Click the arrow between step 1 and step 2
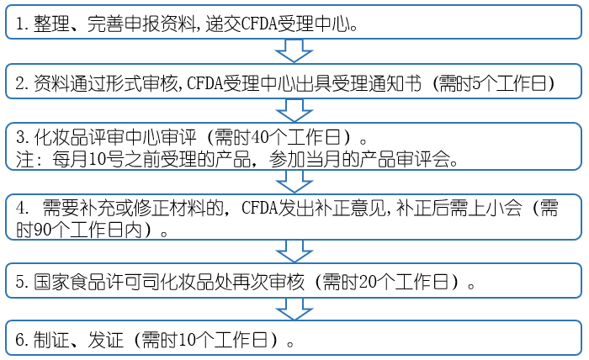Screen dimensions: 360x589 tap(294, 50)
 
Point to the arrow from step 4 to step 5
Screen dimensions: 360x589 tap(294, 251)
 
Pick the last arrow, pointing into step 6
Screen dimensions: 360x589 tap(294, 308)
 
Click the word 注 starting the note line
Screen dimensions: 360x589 tap(23, 158)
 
